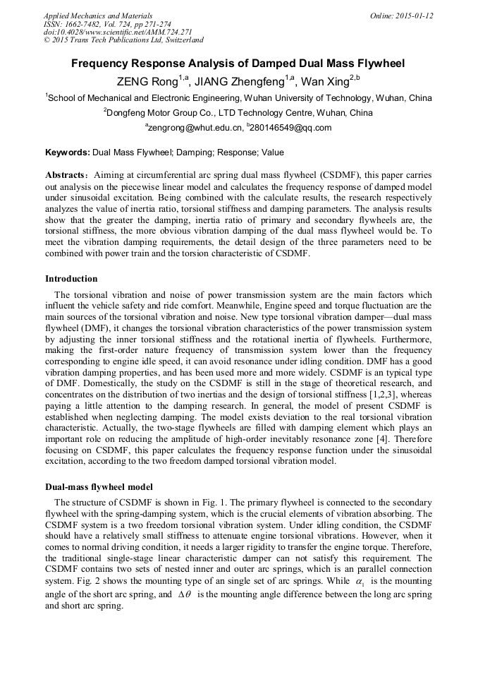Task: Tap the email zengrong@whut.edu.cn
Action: [194, 128]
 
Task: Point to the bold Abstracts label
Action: [68, 174]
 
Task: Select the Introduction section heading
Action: [71, 279]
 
